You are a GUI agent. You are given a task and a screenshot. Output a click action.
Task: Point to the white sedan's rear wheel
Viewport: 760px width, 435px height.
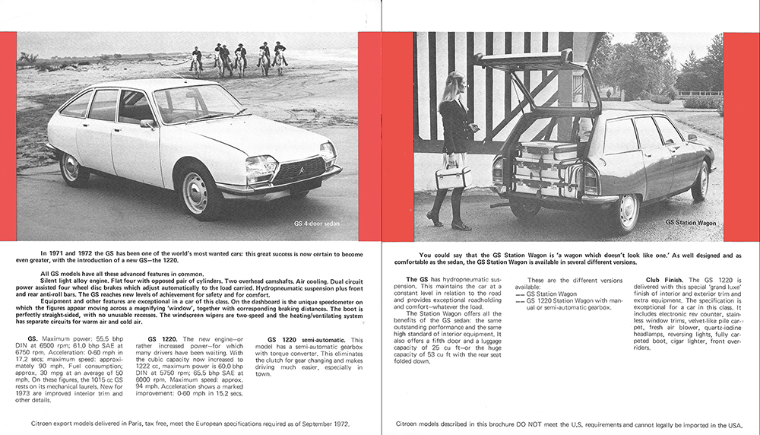tap(74, 169)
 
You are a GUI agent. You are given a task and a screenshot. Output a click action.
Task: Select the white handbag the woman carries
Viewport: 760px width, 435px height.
tap(453, 177)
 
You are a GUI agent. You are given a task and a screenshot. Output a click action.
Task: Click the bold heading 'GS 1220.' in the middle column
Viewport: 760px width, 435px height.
tap(163, 338)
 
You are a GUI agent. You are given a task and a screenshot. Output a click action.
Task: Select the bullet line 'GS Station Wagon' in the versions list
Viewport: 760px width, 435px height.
tap(550, 294)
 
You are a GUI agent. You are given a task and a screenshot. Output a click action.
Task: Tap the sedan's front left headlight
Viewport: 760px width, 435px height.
tap(261, 165)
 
